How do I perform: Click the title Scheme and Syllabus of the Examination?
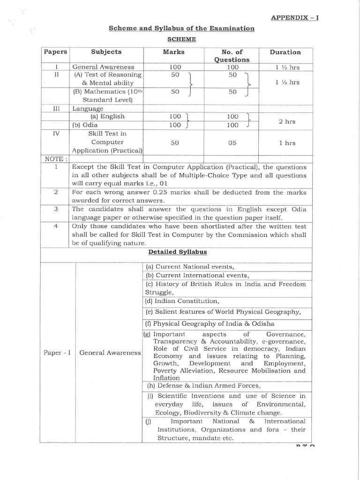pos(181,29)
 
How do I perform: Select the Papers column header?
pos(55,52)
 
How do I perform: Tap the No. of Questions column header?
pos(232,56)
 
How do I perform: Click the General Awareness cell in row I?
pos(103,67)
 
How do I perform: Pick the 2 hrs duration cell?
pos(287,121)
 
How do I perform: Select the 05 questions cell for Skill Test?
pos(233,142)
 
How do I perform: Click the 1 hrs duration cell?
pos(287,142)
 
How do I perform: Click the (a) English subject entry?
pos(107,116)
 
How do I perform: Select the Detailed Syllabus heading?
pos(178,252)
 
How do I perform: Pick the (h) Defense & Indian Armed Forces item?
pos(203,385)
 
